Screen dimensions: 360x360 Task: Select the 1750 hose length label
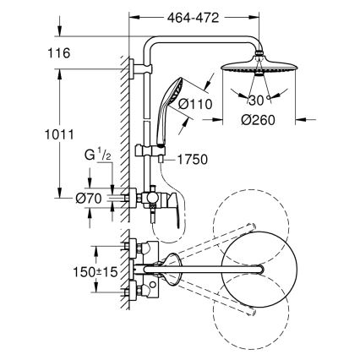[194, 159]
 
